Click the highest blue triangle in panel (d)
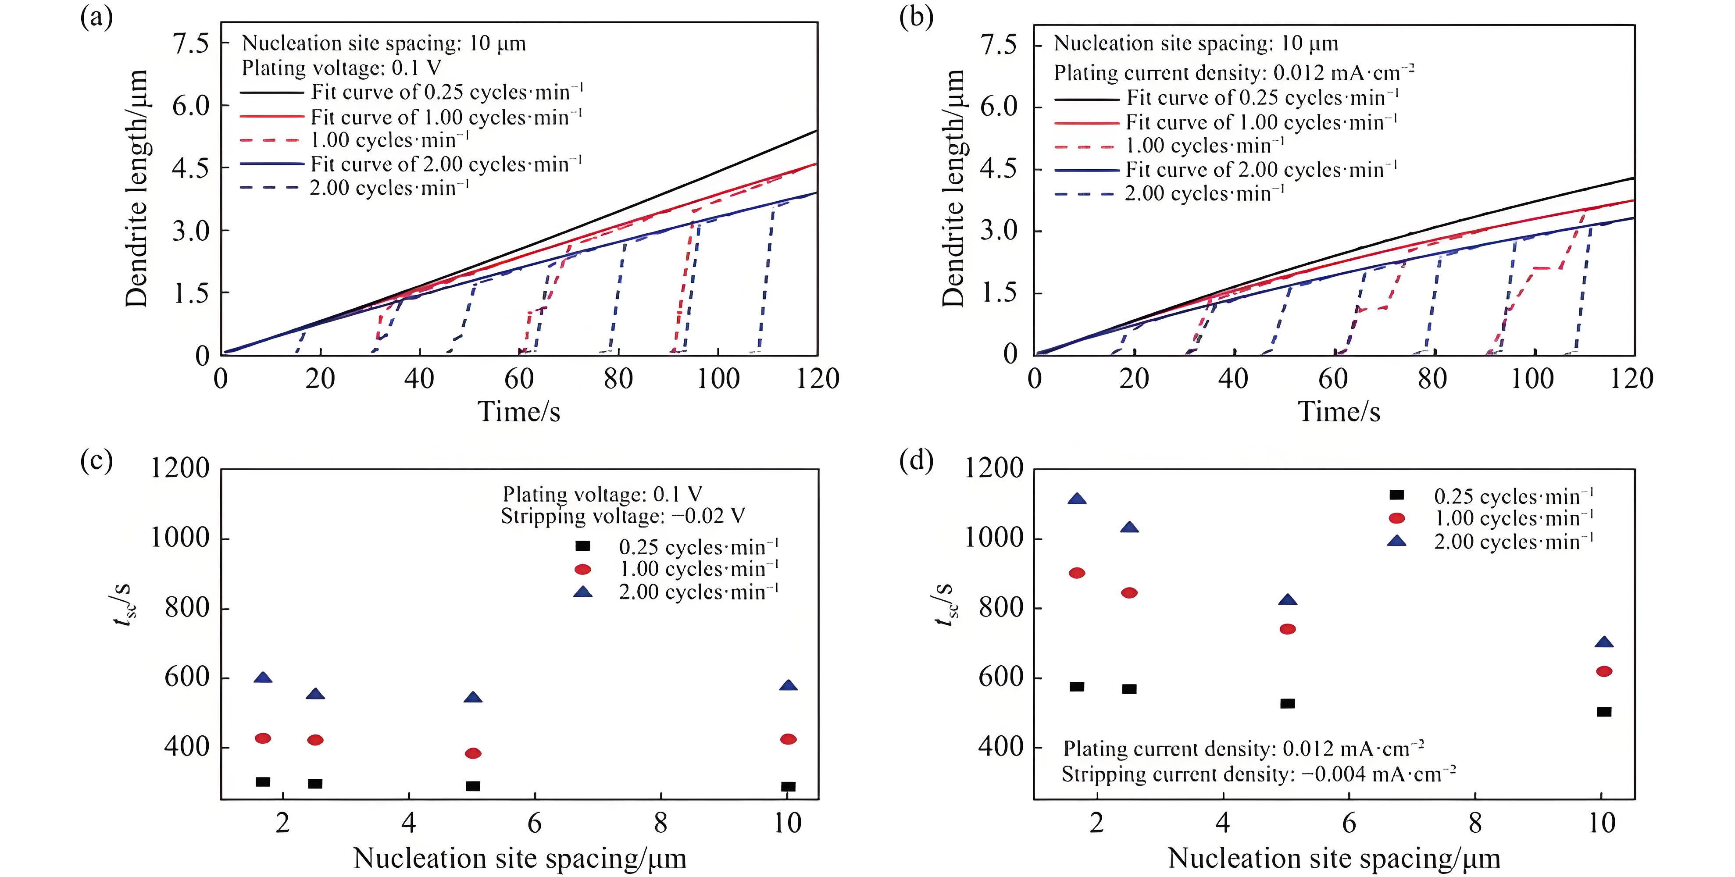click(x=1077, y=499)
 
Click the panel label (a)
click(x=96, y=17)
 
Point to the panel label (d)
click(x=916, y=461)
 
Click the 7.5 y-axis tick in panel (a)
click(x=191, y=44)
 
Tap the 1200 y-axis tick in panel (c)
click(x=180, y=468)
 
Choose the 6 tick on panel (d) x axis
click(x=1349, y=823)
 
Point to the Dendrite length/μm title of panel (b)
click(x=953, y=189)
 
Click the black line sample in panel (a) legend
click(x=272, y=92)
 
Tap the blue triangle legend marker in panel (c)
click(x=582, y=592)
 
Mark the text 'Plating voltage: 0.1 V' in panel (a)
click(x=342, y=68)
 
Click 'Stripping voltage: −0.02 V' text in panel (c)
click(x=623, y=517)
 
